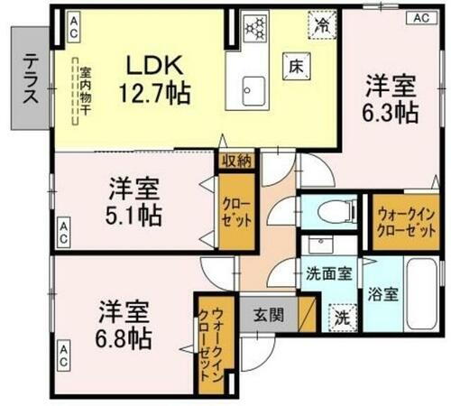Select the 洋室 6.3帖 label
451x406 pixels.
[391, 99]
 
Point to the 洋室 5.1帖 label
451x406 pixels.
[136, 202]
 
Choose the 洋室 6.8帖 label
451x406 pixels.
[125, 324]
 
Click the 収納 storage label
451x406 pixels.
[235, 161]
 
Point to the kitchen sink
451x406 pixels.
[253, 89]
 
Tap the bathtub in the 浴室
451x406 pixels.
[419, 293]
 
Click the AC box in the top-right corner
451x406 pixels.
[420, 17]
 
